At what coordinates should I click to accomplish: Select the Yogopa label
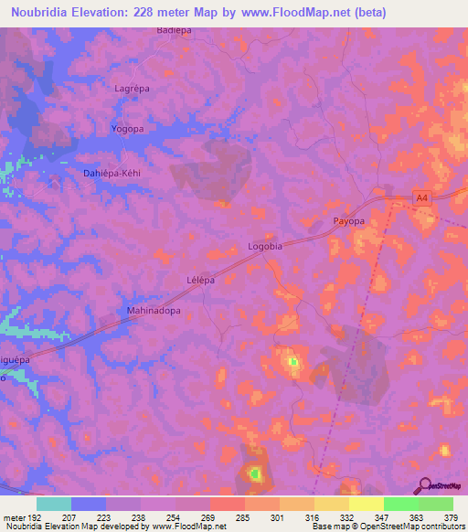[127, 130]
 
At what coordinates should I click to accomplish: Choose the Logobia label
[266, 246]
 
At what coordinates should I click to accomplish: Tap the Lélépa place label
[200, 280]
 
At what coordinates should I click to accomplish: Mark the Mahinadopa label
[153, 311]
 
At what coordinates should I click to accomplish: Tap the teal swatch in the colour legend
[53, 504]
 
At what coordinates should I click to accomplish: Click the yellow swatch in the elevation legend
[366, 504]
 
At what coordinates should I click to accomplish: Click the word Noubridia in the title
[39, 12]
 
